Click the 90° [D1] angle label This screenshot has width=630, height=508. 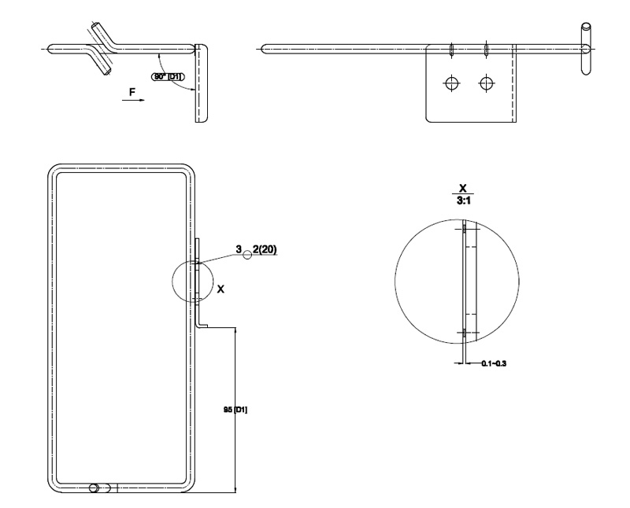168,76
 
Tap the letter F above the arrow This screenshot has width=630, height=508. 133,92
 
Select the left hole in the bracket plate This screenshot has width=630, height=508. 451,83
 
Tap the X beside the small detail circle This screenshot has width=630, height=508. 220,289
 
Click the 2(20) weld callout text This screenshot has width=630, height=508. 265,250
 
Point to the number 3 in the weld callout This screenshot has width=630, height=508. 239,250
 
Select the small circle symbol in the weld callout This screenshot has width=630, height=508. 247,254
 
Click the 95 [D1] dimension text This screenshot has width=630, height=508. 236,409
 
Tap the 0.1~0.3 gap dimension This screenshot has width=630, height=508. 492,363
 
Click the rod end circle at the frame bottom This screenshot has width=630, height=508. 94,488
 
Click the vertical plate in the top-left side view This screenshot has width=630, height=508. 200,83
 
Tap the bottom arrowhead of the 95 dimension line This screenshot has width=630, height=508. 236,489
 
